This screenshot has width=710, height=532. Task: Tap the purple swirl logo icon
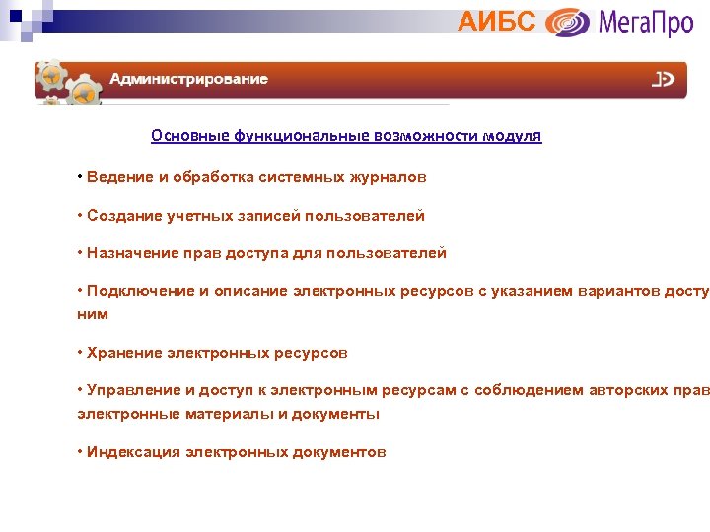pyautogui.click(x=568, y=22)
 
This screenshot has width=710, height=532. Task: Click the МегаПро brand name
pyautogui.click(x=646, y=21)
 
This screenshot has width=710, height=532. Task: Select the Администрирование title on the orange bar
pyautogui.click(x=188, y=79)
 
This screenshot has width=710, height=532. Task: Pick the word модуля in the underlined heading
pyautogui.click(x=512, y=136)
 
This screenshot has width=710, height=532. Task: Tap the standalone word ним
pyautogui.click(x=93, y=314)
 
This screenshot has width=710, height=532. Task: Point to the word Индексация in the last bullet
pyautogui.click(x=134, y=452)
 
